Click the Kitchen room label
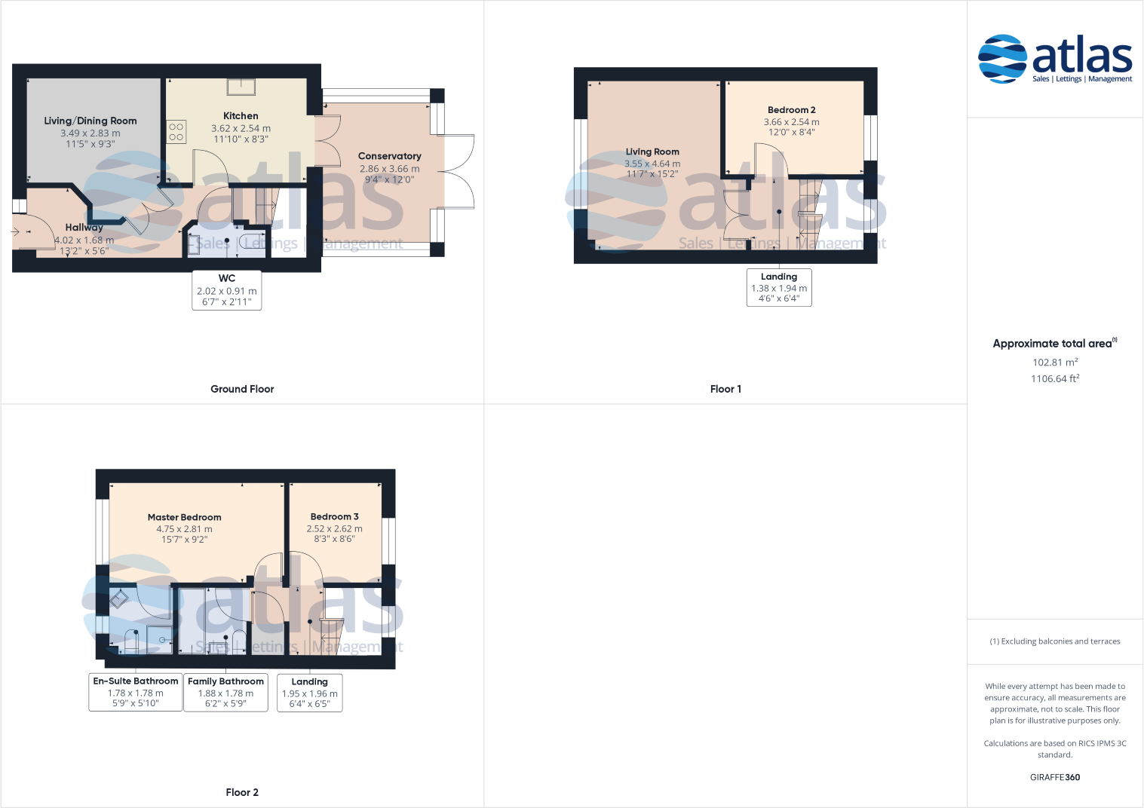coord(241,116)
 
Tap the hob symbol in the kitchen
coord(176,132)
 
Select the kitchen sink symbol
coord(241,87)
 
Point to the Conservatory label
coord(390,156)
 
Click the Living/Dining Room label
coord(90,121)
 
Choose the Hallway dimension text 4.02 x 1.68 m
coord(84,240)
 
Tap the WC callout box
coord(227,290)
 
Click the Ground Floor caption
coord(242,389)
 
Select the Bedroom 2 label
coord(792,110)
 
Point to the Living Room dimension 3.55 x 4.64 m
coord(652,164)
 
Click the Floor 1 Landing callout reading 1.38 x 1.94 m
coord(779,287)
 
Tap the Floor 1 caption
coord(725,389)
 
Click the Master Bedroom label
coord(184,517)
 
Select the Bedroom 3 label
coord(335,516)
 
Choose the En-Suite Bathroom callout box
coord(135,692)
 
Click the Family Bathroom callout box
coord(225,693)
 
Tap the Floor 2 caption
coord(242,792)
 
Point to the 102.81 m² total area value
coord(1055,362)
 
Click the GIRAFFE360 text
coord(1055,777)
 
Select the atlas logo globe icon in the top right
coord(1002,59)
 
